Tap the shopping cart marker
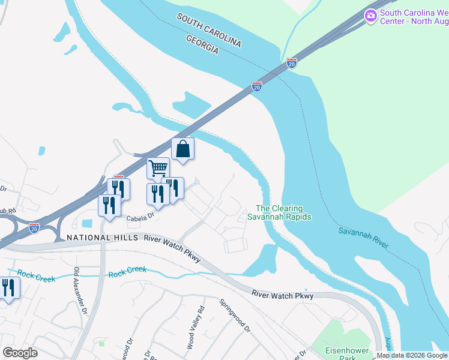158,169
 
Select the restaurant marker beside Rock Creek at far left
8,288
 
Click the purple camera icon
370,14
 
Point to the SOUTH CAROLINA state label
209,31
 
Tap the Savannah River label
363,238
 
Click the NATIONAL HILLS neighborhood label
98,238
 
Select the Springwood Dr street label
234,316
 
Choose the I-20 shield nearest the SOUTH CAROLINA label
291,63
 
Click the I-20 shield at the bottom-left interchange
34,228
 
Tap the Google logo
20,353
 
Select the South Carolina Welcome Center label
414,17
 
